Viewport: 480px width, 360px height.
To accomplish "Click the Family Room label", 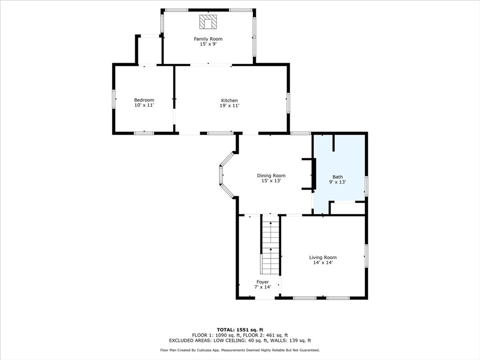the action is pyautogui.click(x=208, y=39).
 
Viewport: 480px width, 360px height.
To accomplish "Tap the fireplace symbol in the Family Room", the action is pyautogui.click(x=208, y=22).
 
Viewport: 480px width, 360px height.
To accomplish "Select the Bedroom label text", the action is pyautogui.click(x=144, y=100).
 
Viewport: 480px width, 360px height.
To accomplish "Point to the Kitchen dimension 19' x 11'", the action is pyautogui.click(x=230, y=105).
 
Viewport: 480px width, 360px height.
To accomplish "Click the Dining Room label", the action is pyautogui.click(x=271, y=175).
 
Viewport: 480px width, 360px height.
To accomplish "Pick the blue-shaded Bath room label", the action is pyautogui.click(x=337, y=177).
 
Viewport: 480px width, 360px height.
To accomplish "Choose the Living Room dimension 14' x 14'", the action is pyautogui.click(x=323, y=262).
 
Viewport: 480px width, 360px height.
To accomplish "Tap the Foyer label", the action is pyautogui.click(x=262, y=282).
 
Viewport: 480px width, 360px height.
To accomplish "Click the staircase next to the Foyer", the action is pyautogui.click(x=270, y=244).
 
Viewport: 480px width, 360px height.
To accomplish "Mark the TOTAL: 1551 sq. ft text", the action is pyautogui.click(x=240, y=330).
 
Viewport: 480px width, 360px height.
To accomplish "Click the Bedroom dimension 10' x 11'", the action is pyautogui.click(x=144, y=105).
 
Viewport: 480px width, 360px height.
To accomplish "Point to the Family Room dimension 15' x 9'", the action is pyautogui.click(x=208, y=44).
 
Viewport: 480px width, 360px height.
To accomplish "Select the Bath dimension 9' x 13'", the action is pyautogui.click(x=337, y=182).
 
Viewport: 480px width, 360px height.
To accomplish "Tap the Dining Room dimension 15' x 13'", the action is pyautogui.click(x=271, y=180).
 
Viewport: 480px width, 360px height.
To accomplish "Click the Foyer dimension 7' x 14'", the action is pyautogui.click(x=262, y=287).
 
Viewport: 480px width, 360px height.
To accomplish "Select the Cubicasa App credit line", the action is pyautogui.click(x=240, y=350).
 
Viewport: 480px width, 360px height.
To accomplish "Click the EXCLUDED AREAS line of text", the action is pyautogui.click(x=240, y=340).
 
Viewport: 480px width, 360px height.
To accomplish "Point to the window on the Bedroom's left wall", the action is pyautogui.click(x=113, y=98).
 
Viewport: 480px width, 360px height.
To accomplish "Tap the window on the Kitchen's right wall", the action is pyautogui.click(x=288, y=103).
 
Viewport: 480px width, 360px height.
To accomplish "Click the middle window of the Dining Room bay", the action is pyautogui.click(x=221, y=175).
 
